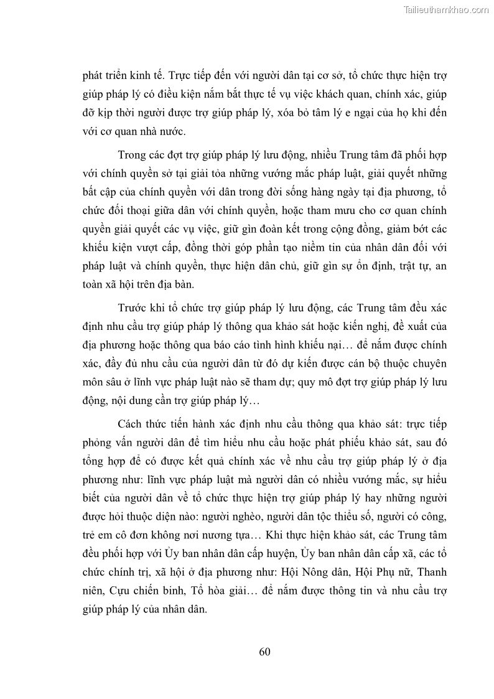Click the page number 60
coord(264,652)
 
